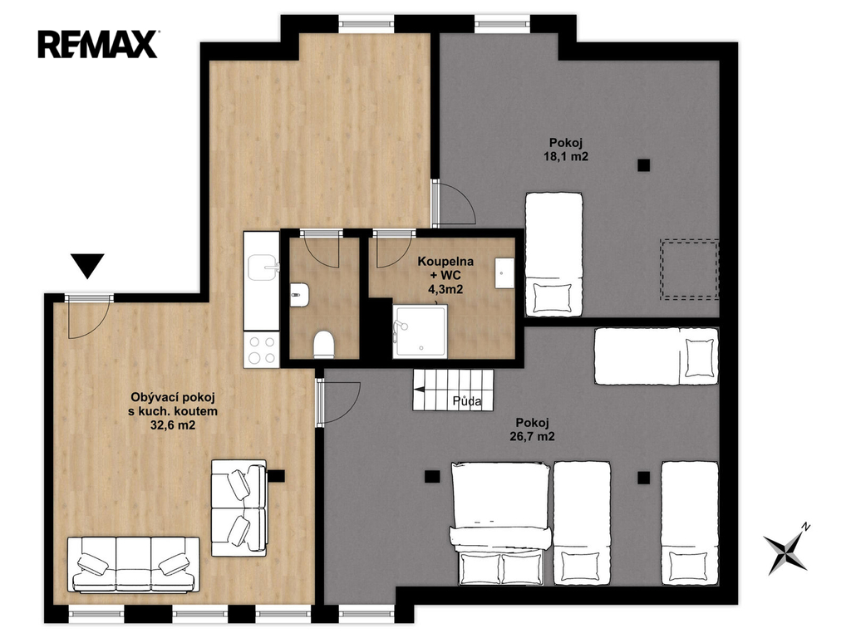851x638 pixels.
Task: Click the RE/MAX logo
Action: pyautogui.click(x=98, y=44)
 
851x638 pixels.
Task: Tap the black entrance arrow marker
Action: pyautogui.click(x=87, y=265)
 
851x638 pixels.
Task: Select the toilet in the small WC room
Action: pyautogui.click(x=324, y=344)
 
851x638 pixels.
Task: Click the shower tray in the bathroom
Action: pyautogui.click(x=421, y=331)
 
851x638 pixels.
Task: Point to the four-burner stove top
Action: pyautogui.click(x=262, y=350)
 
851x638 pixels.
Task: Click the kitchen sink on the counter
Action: pyautogui.click(x=263, y=268)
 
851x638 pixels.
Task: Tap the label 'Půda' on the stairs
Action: pyautogui.click(x=467, y=401)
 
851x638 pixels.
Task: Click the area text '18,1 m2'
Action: pyautogui.click(x=566, y=157)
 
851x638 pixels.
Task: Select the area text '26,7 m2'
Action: pyautogui.click(x=533, y=436)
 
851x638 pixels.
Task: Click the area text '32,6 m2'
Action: pyautogui.click(x=173, y=425)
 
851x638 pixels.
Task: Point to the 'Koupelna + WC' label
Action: pyautogui.click(x=445, y=268)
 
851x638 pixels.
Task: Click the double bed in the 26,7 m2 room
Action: pyautogui.click(x=499, y=523)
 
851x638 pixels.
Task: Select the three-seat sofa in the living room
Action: pyautogui.click(x=134, y=564)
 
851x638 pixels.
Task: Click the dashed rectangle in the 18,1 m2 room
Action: pyautogui.click(x=689, y=270)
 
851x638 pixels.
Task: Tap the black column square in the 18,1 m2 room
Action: pyautogui.click(x=644, y=165)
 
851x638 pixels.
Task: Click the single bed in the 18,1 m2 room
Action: pyautogui.click(x=553, y=254)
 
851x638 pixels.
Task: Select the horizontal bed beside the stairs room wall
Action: pyautogui.click(x=657, y=356)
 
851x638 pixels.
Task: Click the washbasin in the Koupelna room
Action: pyautogui.click(x=504, y=272)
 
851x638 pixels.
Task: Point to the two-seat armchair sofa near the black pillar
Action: pyautogui.click(x=239, y=508)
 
